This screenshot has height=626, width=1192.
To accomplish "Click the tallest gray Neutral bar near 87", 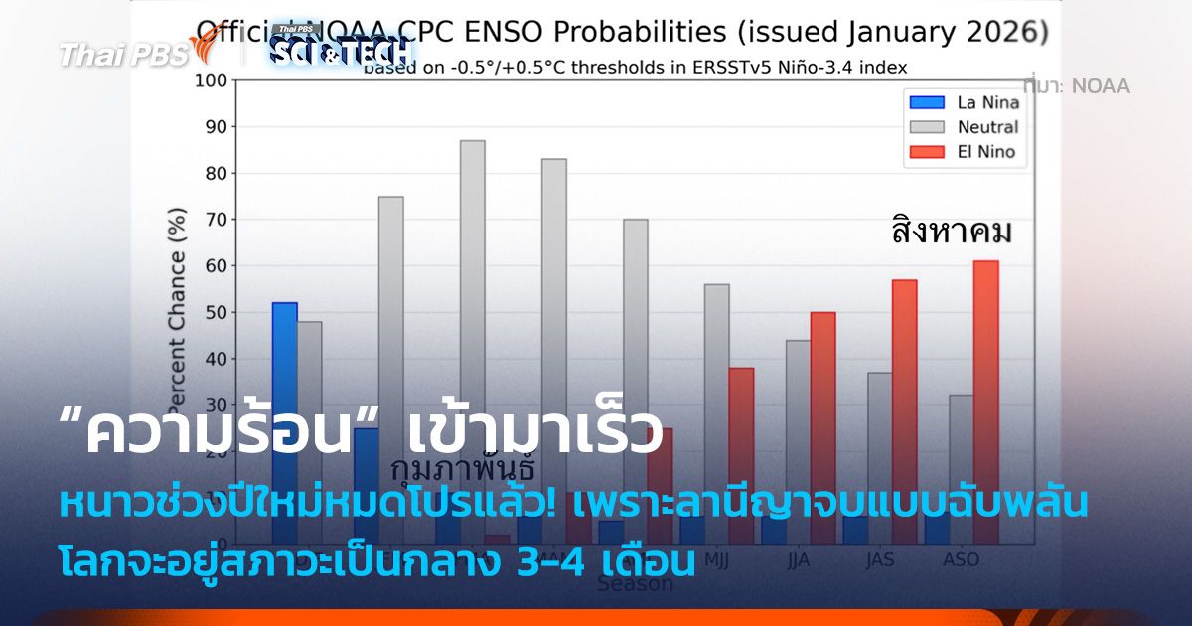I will click(472, 278).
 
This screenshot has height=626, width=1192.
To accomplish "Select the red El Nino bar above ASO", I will click(985, 397).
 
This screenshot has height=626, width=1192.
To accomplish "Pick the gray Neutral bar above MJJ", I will click(716, 397).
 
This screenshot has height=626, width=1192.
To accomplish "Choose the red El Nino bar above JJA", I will click(822, 417).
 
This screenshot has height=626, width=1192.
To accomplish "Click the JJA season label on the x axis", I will click(798, 560).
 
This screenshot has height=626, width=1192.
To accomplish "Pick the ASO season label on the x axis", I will click(962, 560).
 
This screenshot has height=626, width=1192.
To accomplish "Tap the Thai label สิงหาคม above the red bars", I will click(951, 235).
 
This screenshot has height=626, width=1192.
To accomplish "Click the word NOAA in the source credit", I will click(1100, 86).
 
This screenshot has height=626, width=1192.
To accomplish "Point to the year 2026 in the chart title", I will click(1007, 32).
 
